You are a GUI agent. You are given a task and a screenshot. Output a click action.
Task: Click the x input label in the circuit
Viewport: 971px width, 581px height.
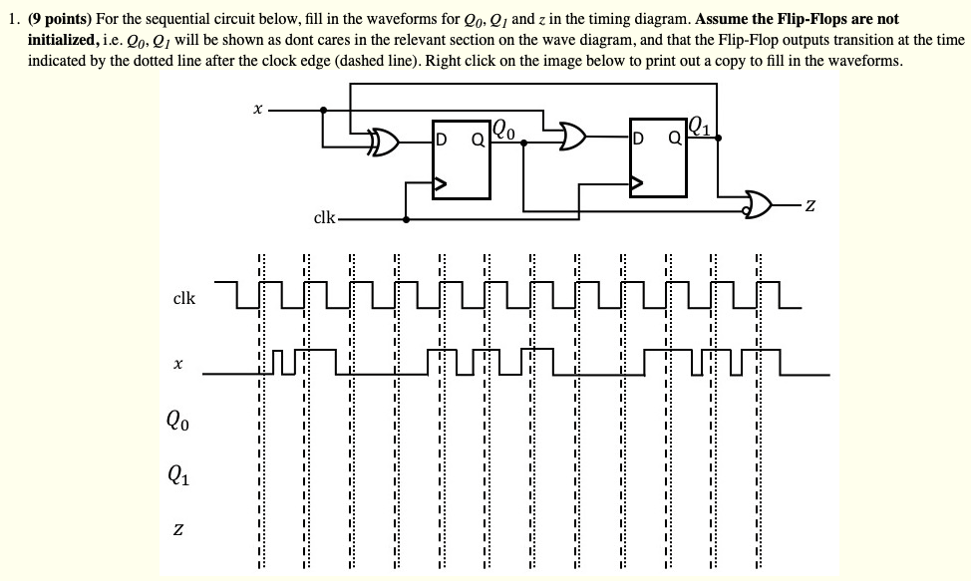click(x=258, y=111)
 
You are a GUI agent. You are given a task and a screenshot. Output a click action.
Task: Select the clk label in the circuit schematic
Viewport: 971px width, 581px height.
click(x=325, y=217)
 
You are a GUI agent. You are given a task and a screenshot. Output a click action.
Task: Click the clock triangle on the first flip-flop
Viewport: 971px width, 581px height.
click(x=439, y=183)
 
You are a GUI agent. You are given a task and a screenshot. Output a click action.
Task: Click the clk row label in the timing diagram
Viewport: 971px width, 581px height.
click(x=184, y=298)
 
